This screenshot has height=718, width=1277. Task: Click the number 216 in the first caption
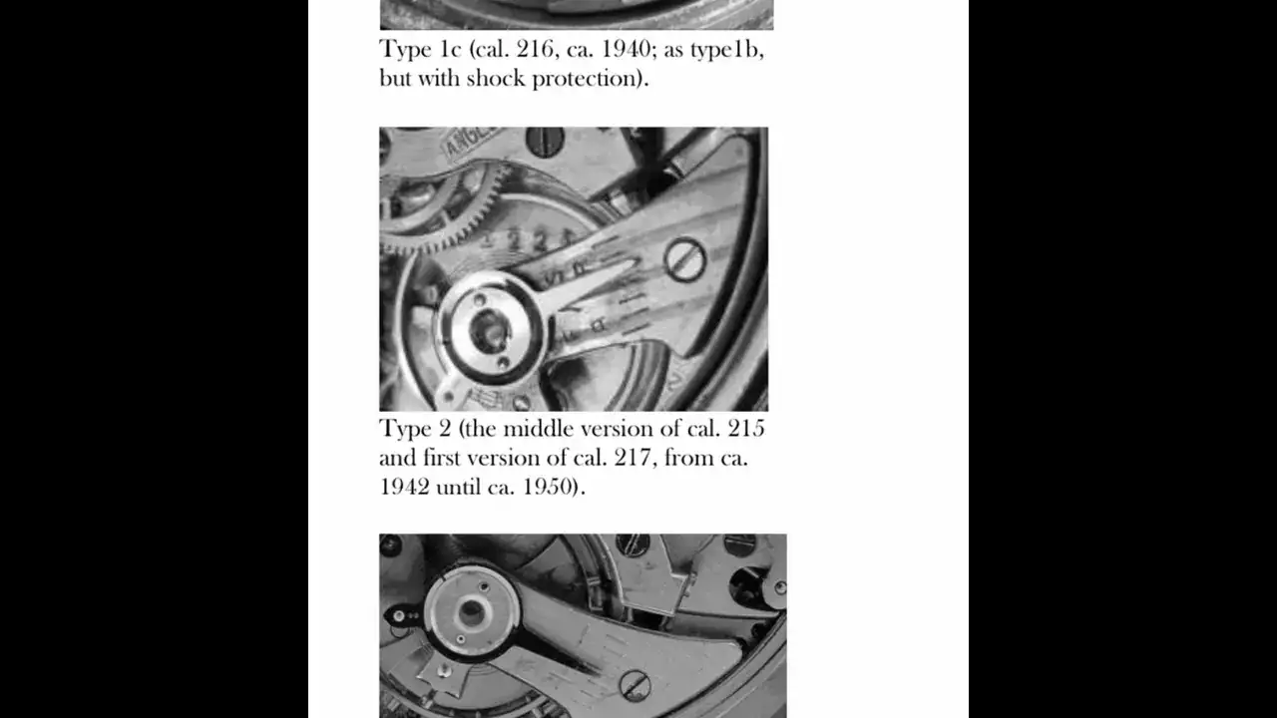click(x=535, y=49)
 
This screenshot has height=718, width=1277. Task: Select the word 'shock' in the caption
click(x=496, y=78)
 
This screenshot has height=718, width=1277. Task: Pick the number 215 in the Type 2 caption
click(x=746, y=429)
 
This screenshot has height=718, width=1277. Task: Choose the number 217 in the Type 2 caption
click(x=633, y=458)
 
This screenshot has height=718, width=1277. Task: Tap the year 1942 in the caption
click(x=404, y=487)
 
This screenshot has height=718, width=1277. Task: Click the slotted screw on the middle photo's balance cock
click(x=684, y=260)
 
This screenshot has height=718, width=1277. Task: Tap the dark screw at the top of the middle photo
click(x=545, y=142)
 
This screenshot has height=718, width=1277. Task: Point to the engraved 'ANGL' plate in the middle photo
click(x=472, y=142)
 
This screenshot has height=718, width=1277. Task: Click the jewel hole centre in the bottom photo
click(x=472, y=613)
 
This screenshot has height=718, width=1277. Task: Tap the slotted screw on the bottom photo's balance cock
click(x=635, y=685)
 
